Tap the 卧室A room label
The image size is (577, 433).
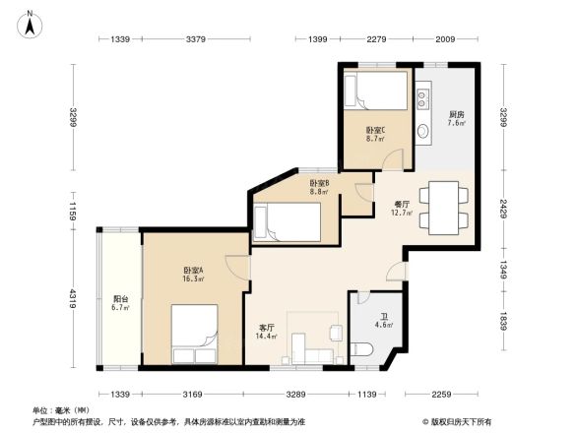tap(193, 271)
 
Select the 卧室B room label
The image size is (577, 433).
tap(319, 183)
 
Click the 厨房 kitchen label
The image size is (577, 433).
tap(456, 115)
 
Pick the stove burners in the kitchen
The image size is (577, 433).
tap(423, 98)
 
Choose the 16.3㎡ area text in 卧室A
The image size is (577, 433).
tap(192, 278)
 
